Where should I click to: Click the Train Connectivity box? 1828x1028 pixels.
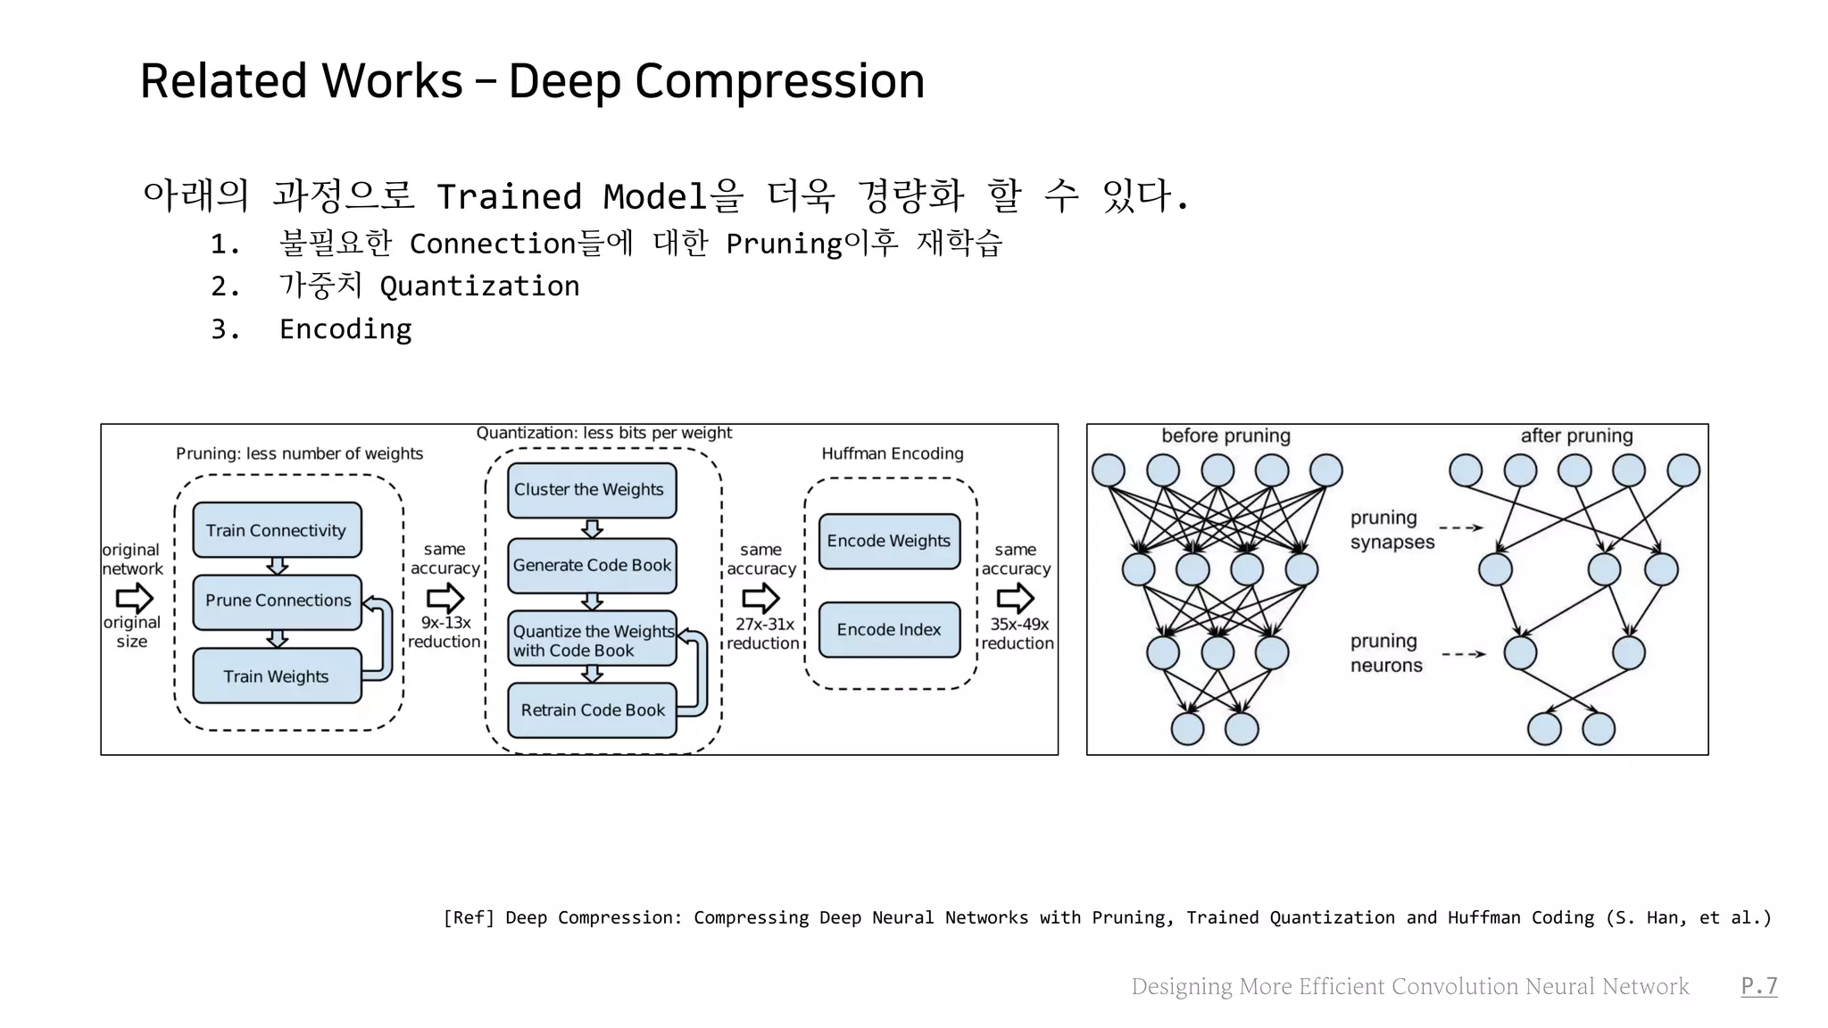pos(277,530)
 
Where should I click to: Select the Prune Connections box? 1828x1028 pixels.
pos(277,601)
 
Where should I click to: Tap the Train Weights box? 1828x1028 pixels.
pos(277,676)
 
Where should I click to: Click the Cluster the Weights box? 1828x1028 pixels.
pos(591,490)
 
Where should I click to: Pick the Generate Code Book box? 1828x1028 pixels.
pos(591,565)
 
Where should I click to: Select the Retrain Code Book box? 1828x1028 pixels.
pos(591,710)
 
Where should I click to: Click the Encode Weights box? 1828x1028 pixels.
pos(889,541)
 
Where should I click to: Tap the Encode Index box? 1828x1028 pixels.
pos(889,630)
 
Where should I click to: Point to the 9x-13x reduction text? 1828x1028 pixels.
pos(445,632)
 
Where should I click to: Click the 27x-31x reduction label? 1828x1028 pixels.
pos(763,634)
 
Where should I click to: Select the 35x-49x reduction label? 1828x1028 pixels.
pos(1018,634)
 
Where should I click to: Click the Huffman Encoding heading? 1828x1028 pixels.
pos(893,453)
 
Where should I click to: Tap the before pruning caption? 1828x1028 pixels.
pos(1226,435)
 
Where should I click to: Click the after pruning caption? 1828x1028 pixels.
pos(1576,435)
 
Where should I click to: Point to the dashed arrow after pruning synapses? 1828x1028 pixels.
pos(1460,528)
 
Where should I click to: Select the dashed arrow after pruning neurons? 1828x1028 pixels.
pos(1464,654)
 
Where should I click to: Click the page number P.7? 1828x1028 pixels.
pos(1758,985)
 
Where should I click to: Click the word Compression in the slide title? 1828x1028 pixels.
pos(779,81)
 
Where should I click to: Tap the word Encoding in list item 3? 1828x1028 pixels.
pos(345,329)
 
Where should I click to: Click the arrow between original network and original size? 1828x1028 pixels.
pos(134,597)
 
